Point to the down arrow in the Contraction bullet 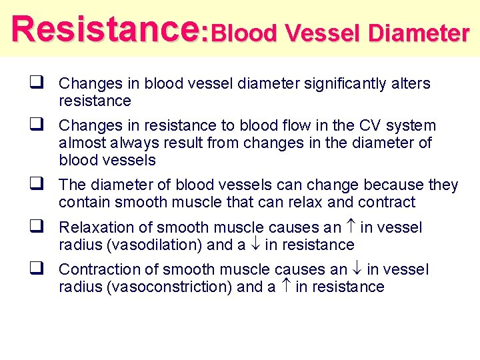point(357,269)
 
